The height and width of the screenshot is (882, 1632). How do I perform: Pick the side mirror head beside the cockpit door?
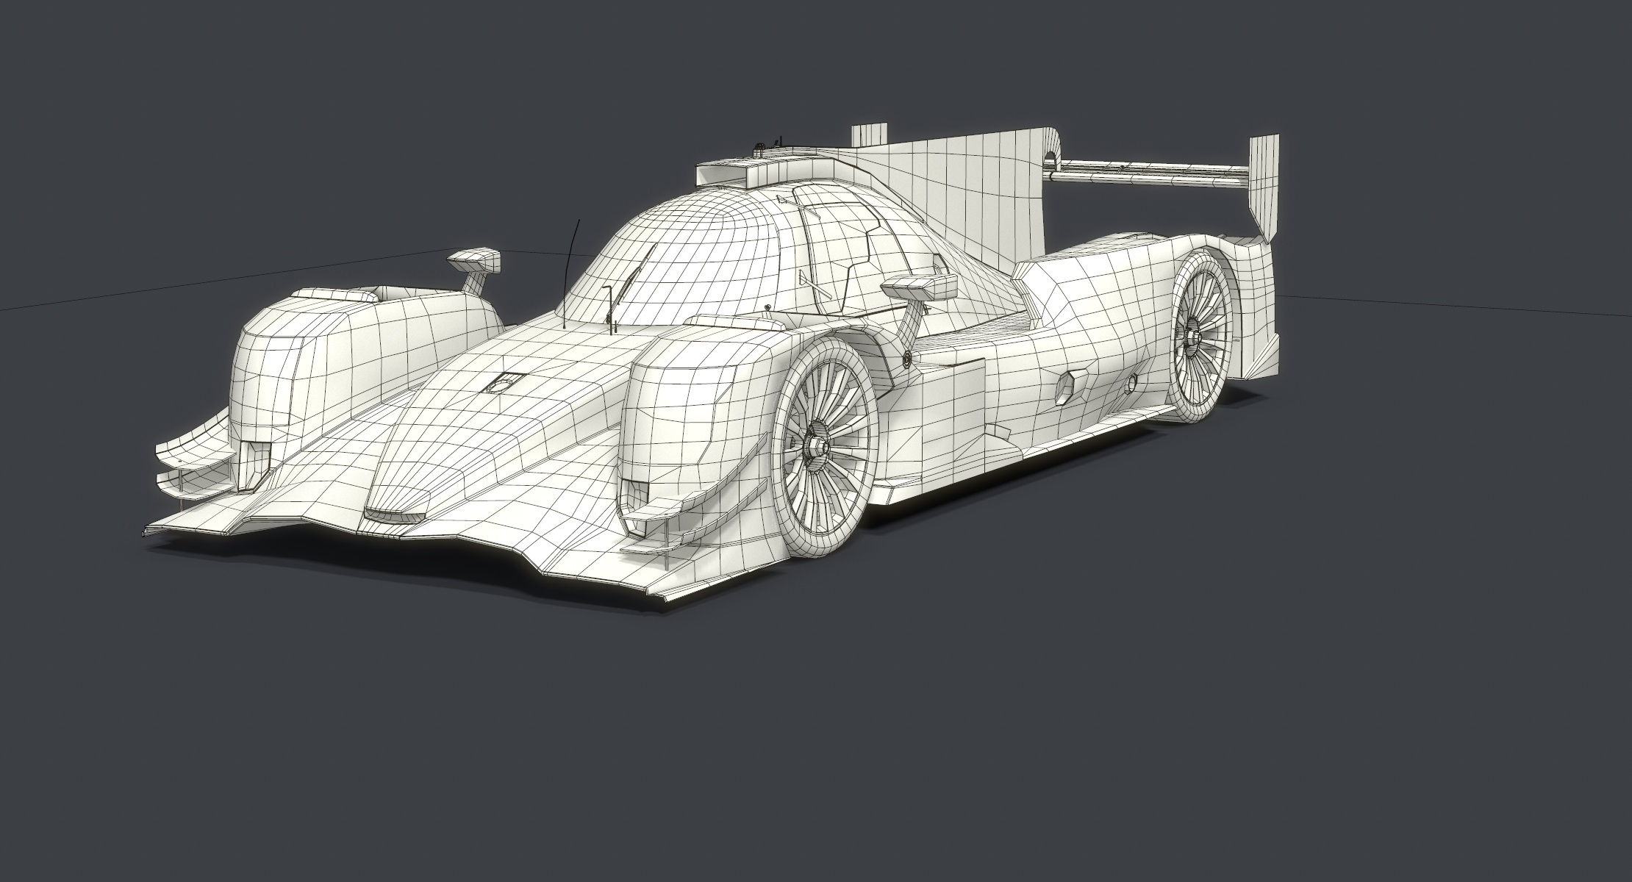(919, 286)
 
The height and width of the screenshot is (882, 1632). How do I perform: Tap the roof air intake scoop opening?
(717, 176)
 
